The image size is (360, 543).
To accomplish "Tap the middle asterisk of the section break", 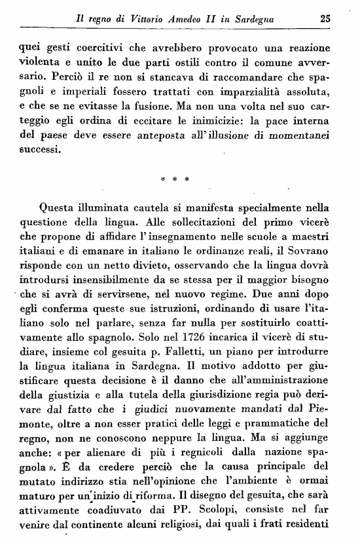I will point(175,178).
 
